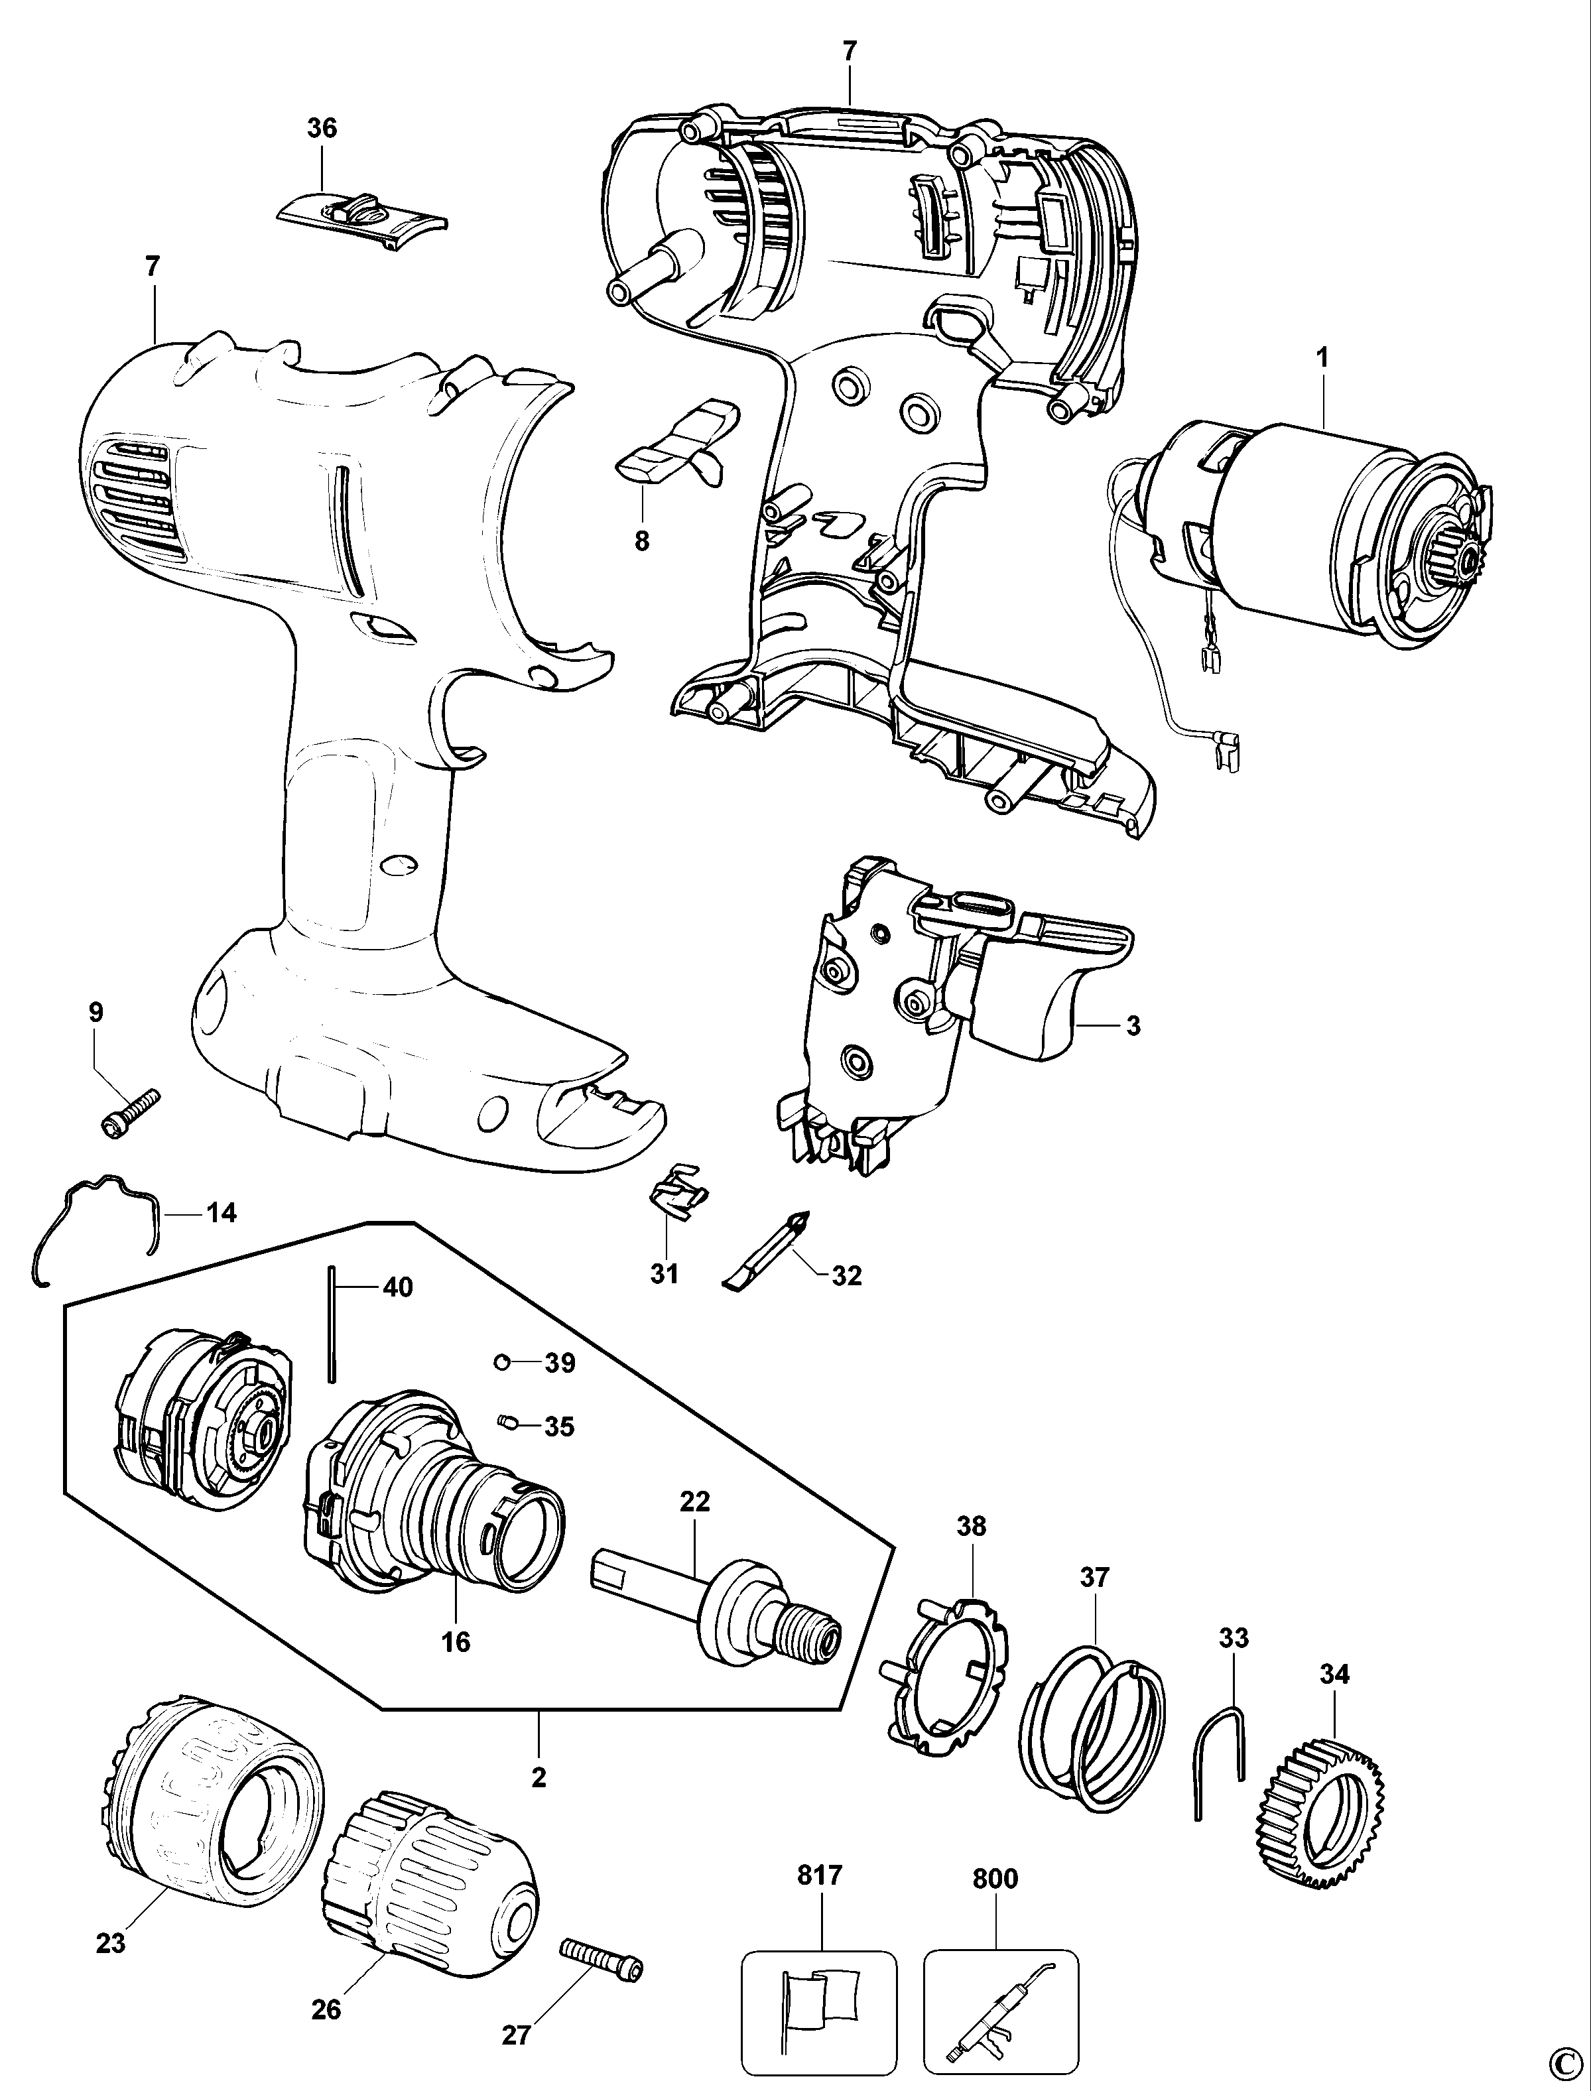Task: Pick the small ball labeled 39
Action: coord(503,1362)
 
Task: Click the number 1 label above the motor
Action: coord(1322,358)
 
